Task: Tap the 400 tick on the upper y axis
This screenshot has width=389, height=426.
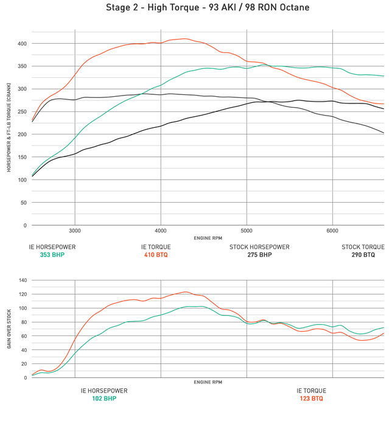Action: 22,44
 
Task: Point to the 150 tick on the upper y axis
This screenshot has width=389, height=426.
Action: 22,157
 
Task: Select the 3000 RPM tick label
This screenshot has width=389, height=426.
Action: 75,231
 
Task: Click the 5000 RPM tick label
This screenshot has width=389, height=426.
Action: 247,231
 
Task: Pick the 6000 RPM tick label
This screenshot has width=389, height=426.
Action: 332,231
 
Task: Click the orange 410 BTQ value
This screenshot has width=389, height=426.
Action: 156,255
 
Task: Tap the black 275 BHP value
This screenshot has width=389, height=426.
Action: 259,255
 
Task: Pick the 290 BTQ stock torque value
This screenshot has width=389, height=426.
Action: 363,255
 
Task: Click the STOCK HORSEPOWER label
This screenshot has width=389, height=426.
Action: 259,247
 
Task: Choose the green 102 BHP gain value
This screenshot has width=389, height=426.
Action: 104,399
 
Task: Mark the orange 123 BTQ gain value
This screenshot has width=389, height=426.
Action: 311,399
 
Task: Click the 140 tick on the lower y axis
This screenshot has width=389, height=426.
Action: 22,280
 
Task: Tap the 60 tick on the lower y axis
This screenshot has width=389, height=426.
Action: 24,336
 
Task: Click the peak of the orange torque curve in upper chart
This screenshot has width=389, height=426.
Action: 183,39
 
